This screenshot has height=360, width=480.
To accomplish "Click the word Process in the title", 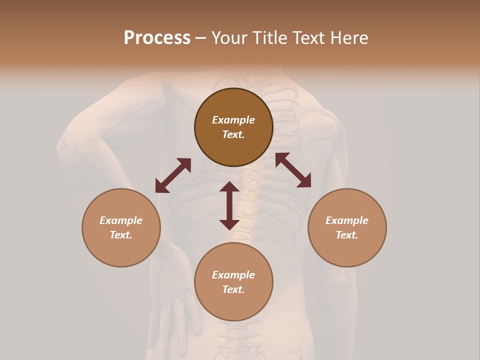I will [x=157, y=38].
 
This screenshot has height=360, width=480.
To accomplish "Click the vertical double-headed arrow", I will [x=229, y=205].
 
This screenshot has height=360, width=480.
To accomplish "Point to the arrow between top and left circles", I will [x=173, y=175].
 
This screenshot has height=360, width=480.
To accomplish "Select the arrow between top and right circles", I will [x=293, y=170].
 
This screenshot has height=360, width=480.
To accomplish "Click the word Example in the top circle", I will [x=233, y=120].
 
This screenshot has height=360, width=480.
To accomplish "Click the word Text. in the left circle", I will [x=121, y=235].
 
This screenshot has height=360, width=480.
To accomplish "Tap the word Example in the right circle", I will [x=347, y=220].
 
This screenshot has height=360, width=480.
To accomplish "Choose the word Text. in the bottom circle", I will [x=233, y=289].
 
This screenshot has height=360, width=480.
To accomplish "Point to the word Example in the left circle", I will [x=121, y=220].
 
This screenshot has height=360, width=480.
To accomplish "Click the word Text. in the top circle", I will [x=233, y=134].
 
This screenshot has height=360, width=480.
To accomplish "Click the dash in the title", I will [x=200, y=38].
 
